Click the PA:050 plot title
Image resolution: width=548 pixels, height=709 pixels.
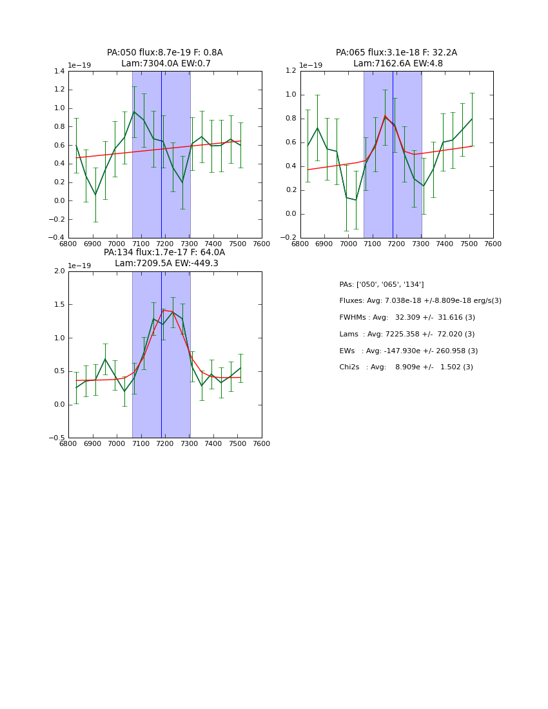tap(164, 53)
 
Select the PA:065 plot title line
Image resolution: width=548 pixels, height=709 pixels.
tap(396, 53)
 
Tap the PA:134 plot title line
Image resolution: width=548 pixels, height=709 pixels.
tap(164, 253)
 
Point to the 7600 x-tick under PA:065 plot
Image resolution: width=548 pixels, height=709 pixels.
tap(493, 244)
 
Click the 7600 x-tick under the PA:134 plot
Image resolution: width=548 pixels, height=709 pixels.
tap(262, 444)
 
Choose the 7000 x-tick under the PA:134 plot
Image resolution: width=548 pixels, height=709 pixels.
tap(117, 444)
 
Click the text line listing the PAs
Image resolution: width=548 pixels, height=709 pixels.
tap(382, 285)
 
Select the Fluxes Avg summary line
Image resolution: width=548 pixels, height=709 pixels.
tap(420, 301)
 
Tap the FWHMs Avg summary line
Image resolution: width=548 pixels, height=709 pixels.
tap(407, 318)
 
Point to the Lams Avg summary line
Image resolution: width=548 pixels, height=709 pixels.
tap(407, 335)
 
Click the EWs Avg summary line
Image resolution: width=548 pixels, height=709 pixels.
tap(407, 351)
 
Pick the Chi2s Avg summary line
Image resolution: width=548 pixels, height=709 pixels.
tap(406, 367)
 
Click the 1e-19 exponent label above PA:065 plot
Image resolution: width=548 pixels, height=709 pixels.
tap(311, 66)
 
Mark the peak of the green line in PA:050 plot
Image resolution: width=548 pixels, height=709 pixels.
tap(134, 112)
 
